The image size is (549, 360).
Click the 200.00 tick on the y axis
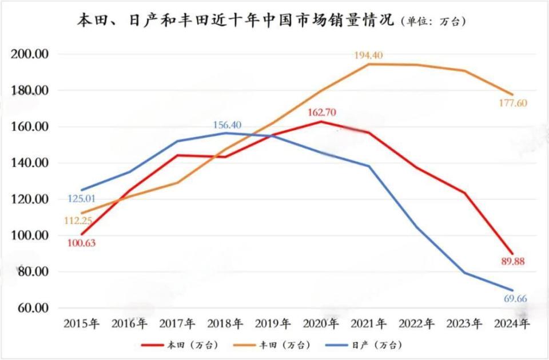coord(33,54)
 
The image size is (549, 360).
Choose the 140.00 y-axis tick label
coord(33,163)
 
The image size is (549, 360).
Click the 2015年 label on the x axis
coord(82,324)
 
